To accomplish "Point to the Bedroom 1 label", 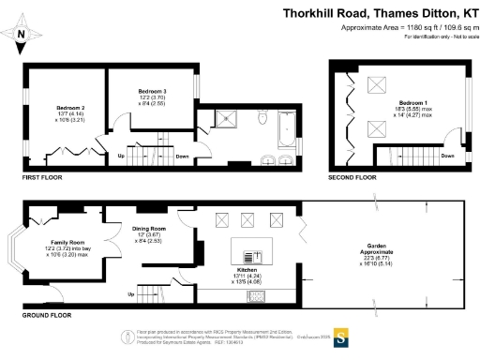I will click(412, 101).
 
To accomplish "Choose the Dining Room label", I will click(148, 229).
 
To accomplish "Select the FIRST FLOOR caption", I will click(44, 176).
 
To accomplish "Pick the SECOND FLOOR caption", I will click(352, 176).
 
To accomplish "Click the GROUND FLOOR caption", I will click(47, 316).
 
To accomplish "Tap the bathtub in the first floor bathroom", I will click(285, 122).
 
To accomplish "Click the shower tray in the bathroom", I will click(227, 119).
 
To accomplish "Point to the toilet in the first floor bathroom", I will click(265, 121).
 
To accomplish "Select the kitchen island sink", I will click(251, 256).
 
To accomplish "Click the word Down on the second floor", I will click(448, 156).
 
